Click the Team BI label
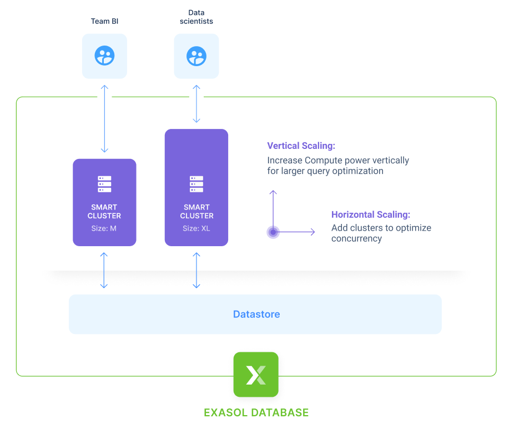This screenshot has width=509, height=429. [104, 22]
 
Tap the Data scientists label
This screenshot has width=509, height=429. [196, 17]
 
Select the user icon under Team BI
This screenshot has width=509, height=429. [104, 56]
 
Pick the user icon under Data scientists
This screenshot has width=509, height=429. [196, 56]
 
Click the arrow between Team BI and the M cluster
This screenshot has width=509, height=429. [104, 118]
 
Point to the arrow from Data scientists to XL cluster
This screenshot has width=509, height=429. [196, 104]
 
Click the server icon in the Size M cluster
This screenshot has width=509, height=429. [104, 184]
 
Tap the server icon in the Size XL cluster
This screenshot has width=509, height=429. [196, 184]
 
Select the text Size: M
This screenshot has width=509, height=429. [104, 228]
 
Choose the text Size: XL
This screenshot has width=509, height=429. [196, 228]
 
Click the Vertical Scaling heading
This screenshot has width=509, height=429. [301, 146]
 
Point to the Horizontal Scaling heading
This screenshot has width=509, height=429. [371, 214]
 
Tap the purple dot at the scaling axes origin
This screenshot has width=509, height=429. [273, 232]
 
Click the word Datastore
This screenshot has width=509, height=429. [256, 315]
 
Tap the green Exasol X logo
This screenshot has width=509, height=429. [256, 375]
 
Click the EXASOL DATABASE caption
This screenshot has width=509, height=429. [256, 412]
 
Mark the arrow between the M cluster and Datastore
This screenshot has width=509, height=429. [104, 271]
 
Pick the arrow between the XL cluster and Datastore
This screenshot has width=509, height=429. [196, 271]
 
